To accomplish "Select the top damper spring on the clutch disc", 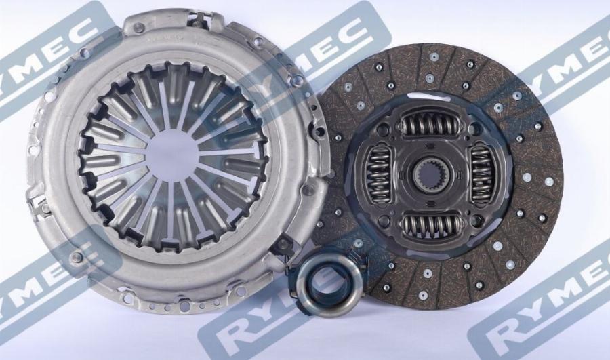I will point(428,125).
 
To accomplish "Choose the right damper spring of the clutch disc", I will point(483,175).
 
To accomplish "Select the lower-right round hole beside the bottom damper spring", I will point(474,220).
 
